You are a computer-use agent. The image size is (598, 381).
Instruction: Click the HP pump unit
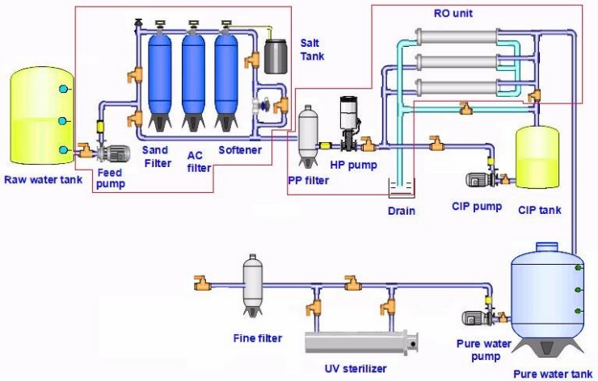[x=348, y=121]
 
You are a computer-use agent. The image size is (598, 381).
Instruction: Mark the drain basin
[x=400, y=190]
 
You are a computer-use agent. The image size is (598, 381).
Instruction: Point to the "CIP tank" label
[x=540, y=210]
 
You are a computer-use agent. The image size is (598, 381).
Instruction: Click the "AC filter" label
[x=199, y=161]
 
